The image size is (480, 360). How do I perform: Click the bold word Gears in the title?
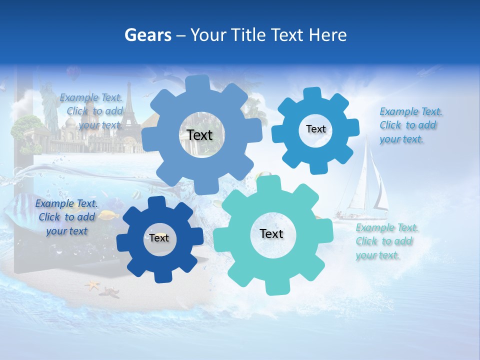(x=148, y=34)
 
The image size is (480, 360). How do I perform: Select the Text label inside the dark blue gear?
(x=159, y=238)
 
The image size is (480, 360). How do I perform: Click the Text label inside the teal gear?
(x=271, y=233)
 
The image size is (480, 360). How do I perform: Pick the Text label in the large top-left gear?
(x=199, y=135)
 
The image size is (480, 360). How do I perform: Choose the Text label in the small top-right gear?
(x=315, y=129)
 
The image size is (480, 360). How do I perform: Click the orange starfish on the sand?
(x=92, y=285)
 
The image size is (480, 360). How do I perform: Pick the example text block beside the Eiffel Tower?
(x=92, y=111)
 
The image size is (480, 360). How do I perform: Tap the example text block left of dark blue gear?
(x=66, y=217)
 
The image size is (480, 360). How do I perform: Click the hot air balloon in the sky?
(x=73, y=73)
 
